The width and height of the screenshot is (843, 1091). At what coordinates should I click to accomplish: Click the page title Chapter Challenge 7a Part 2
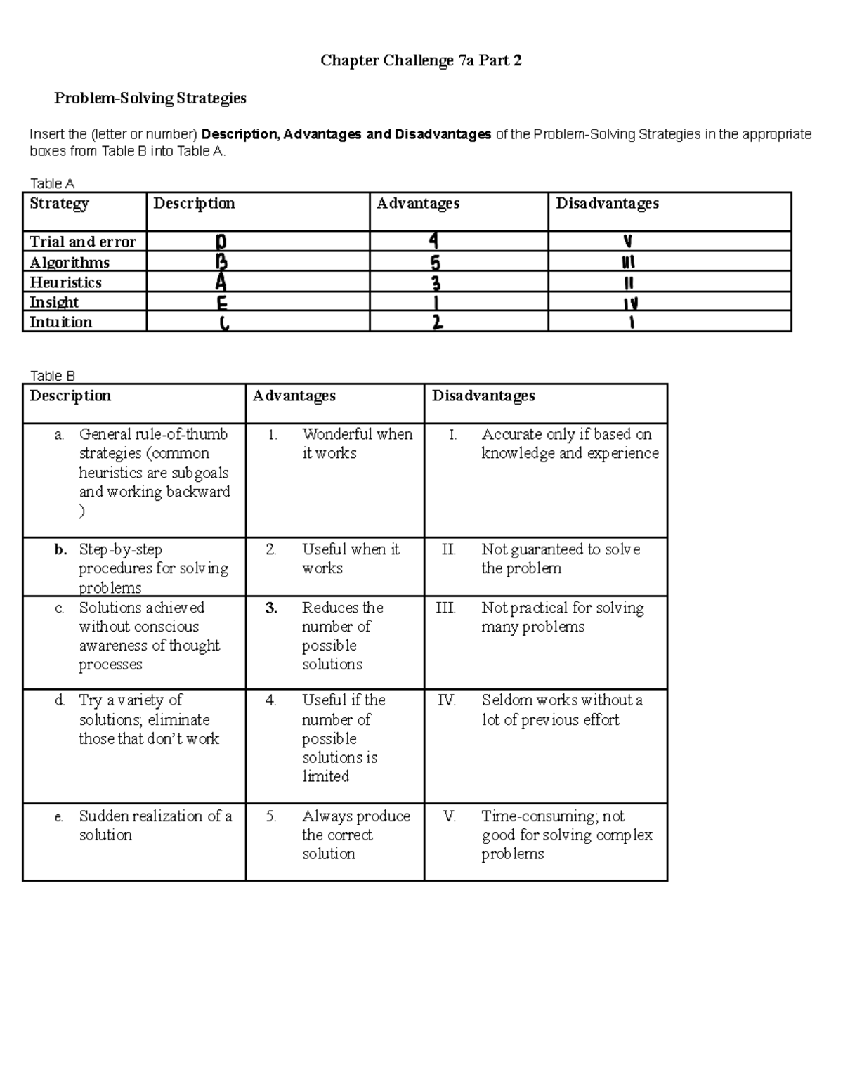pos(421,61)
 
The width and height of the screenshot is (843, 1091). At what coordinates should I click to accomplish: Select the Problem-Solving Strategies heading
pos(150,98)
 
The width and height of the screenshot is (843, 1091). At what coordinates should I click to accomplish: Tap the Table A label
pos(52,183)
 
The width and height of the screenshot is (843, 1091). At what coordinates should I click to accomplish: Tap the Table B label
pos(52,376)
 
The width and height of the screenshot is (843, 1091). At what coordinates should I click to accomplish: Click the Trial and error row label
pos(82,242)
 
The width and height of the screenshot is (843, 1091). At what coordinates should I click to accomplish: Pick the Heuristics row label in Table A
pos(65,282)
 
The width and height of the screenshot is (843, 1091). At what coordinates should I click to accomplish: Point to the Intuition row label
pos(60,322)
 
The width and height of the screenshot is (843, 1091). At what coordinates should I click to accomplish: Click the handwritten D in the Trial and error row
pos(221,242)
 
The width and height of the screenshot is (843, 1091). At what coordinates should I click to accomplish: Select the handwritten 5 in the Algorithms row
pos(436,263)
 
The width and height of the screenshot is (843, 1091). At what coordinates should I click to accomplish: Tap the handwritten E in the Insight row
pos(221,304)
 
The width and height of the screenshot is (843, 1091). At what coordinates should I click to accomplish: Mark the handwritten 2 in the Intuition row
pos(437,323)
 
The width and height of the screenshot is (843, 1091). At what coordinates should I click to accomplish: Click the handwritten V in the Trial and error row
pos(627,242)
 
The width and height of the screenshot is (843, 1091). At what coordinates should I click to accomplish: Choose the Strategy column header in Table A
pos(59,204)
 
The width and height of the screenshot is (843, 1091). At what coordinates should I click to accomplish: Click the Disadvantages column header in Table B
pos(483,396)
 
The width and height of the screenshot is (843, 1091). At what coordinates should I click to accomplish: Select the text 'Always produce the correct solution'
pos(355,835)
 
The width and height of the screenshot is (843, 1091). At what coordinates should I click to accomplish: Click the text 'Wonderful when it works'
pos(357,443)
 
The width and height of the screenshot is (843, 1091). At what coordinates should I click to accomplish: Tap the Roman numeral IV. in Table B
pos(446,700)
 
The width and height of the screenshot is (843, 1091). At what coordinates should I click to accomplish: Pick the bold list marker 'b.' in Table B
pos(60,549)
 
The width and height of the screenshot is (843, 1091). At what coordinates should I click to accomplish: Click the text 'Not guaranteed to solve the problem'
pos(560,558)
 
